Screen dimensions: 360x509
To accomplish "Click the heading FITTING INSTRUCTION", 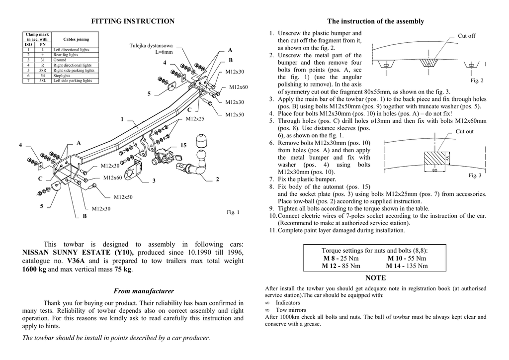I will [133, 21].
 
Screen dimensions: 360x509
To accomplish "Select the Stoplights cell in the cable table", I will [63, 76].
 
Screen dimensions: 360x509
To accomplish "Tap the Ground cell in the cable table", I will [60, 60].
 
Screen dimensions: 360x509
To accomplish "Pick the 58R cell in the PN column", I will [43, 71].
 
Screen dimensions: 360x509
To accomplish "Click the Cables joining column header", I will [76, 39].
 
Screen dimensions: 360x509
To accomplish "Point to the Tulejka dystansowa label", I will [151, 46].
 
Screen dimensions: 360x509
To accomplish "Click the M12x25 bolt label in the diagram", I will [195, 119].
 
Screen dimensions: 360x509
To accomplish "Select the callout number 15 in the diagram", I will [183, 145].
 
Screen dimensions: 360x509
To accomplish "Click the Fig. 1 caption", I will [233, 212].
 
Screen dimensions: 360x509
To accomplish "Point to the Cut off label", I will [466, 36].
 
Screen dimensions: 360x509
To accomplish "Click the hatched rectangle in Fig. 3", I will [436, 160].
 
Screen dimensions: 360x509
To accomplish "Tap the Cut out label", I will [464, 131].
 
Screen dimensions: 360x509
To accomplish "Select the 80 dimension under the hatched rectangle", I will [434, 171].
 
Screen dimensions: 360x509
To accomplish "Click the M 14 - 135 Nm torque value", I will [407, 266].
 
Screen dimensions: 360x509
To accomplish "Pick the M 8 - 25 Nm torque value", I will [341, 259].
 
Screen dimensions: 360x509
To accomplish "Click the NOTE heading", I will [375, 277].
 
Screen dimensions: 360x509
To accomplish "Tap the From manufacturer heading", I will [144, 291].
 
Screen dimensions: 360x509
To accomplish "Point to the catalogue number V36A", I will [76, 261].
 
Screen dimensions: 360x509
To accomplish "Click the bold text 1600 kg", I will [34, 270].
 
